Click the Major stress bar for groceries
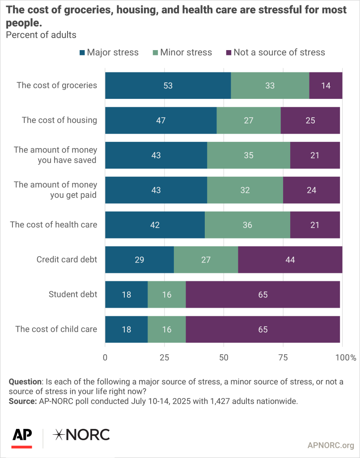click(x=168, y=85)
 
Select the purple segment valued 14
click(x=326, y=85)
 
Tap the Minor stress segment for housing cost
click(x=248, y=120)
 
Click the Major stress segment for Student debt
click(x=126, y=294)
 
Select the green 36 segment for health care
click(x=247, y=225)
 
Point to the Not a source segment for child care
click(x=263, y=329)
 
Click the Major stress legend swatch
click(x=82, y=52)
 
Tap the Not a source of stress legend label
click(x=279, y=52)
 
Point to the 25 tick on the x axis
click(x=164, y=357)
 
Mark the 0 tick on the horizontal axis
click(x=105, y=357)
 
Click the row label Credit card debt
click(x=67, y=259)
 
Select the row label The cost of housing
click(x=59, y=120)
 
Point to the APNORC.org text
click(x=331, y=445)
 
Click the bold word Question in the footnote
click(x=25, y=382)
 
